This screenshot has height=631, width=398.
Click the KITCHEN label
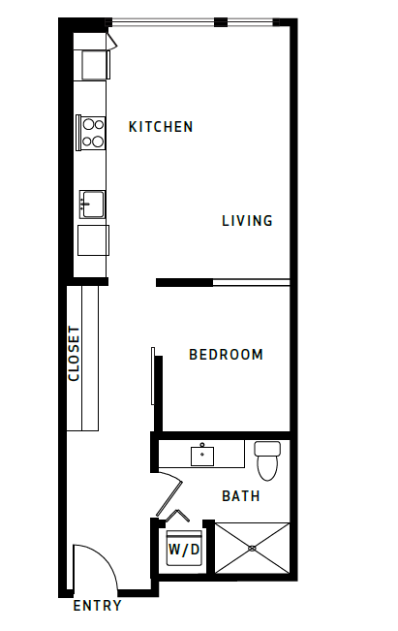[x=161, y=127]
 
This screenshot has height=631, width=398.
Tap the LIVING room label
[x=247, y=221]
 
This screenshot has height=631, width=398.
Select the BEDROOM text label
[x=226, y=355]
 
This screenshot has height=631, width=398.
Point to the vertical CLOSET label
[x=74, y=353]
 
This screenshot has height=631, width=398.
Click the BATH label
[x=241, y=496]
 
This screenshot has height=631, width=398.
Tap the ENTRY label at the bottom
[x=98, y=607]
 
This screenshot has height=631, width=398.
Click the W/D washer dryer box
[x=184, y=551]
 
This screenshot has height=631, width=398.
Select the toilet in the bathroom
[x=266, y=458]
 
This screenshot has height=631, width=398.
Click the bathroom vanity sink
[x=203, y=454]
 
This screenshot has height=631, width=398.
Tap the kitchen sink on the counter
[x=93, y=205]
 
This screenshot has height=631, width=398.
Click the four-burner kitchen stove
[x=92, y=132]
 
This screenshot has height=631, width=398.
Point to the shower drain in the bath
[x=252, y=549]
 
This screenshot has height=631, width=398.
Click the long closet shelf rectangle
[x=89, y=357]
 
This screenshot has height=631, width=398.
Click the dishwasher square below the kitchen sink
[x=93, y=238]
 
